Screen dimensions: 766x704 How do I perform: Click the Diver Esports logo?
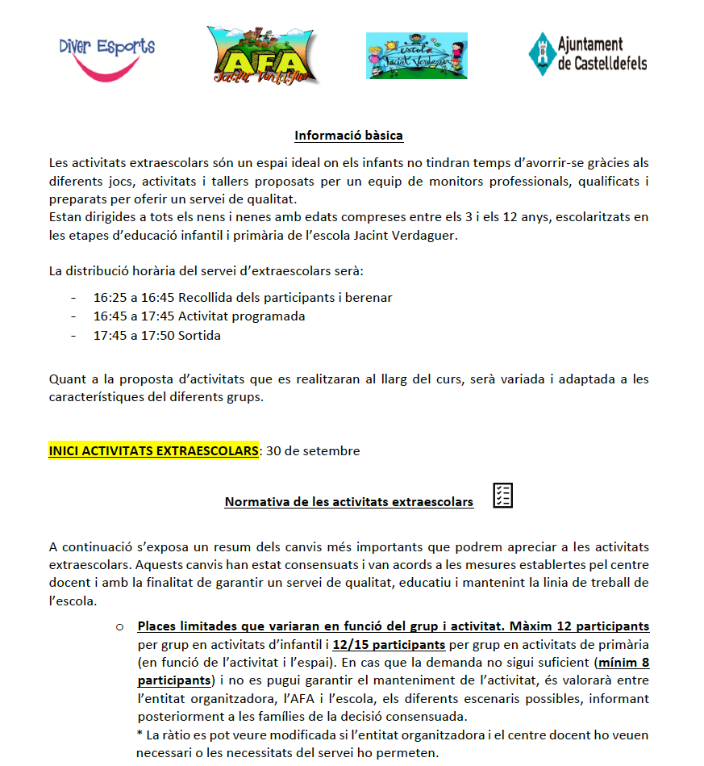[106, 57]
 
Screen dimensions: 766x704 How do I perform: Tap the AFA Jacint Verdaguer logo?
[261, 55]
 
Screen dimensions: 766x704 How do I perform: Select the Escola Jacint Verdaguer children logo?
[416, 56]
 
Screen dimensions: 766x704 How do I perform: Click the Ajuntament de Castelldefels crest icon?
[540, 54]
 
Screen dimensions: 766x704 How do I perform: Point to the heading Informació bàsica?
[348, 135]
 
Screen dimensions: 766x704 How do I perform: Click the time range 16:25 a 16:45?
[134, 297]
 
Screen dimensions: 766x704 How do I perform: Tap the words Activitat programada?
[241, 316]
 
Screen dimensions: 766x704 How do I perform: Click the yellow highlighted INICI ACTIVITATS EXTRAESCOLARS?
[154, 450]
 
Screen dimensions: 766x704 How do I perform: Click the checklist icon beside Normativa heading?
[502, 496]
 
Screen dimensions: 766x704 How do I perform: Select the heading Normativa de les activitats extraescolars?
[348, 502]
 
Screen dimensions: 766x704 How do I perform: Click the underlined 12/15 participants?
[389, 644]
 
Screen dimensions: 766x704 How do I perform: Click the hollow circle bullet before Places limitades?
[120, 626]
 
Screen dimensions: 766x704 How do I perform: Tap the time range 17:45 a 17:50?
[134, 335]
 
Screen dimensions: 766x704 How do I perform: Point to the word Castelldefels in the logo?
[602, 63]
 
